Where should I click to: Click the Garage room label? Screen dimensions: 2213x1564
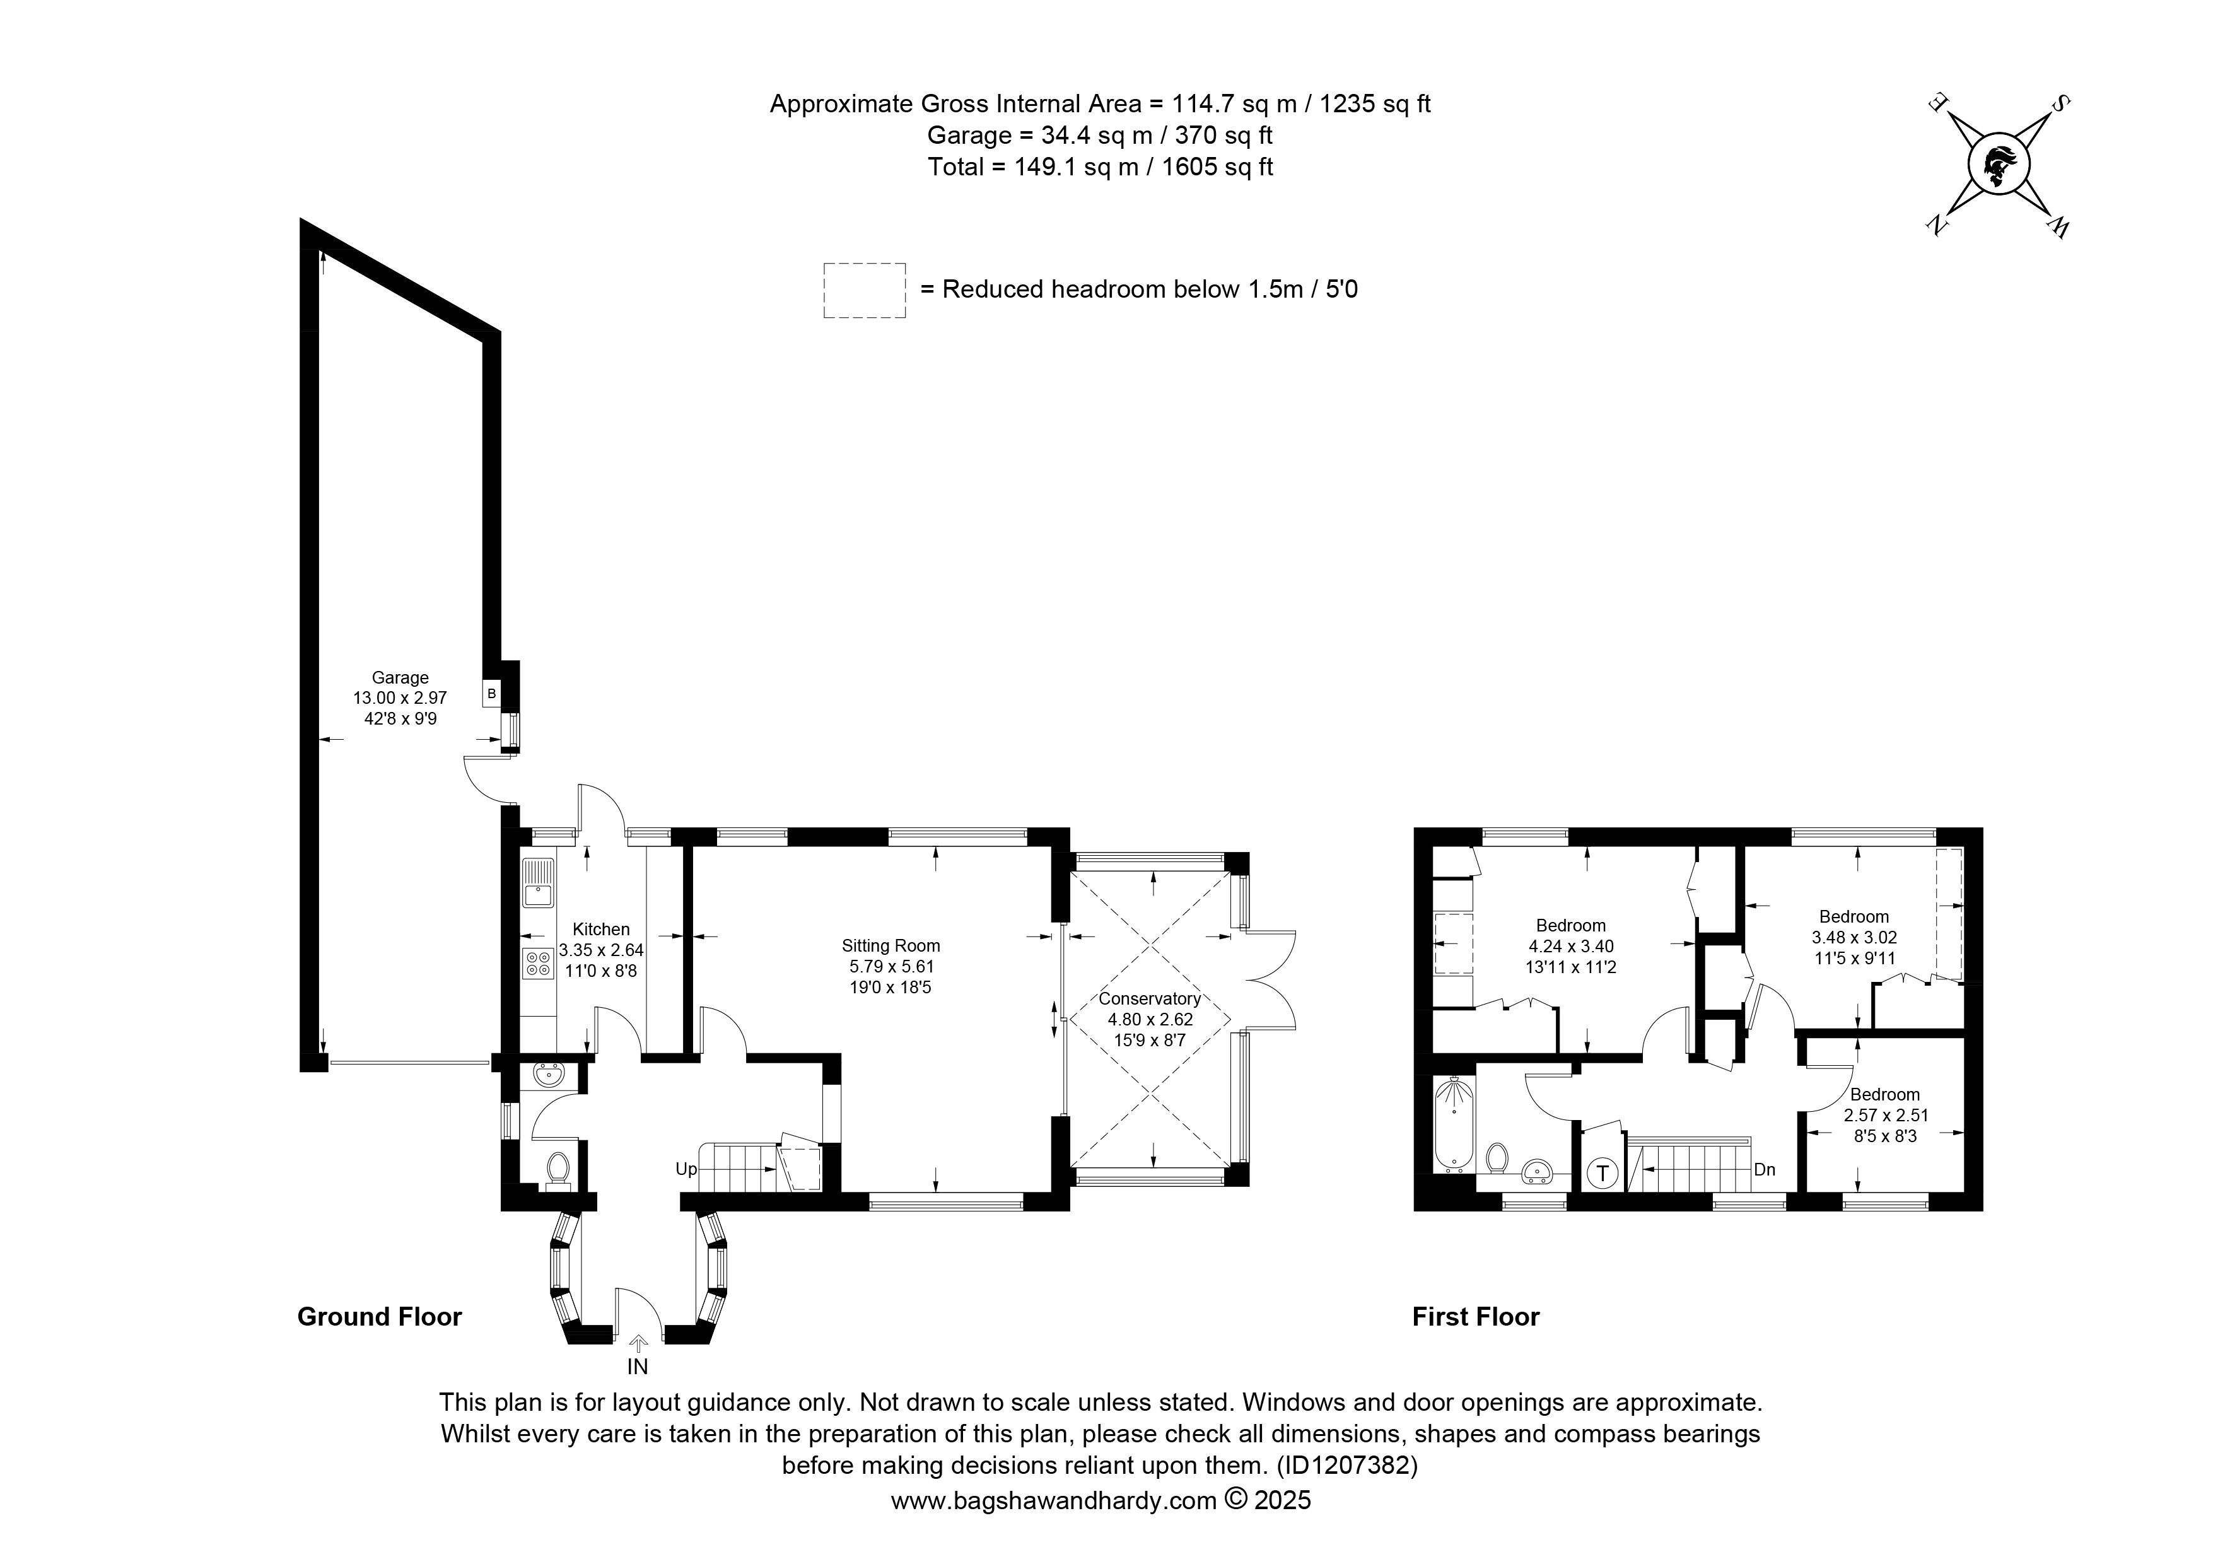400,677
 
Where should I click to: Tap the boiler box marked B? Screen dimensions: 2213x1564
491,693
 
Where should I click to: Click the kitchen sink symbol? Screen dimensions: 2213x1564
538,883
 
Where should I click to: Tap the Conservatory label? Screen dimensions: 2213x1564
1150,998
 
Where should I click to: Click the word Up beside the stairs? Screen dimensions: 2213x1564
686,1169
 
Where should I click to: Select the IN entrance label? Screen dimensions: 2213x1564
638,1367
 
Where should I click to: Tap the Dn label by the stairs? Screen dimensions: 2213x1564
1764,1169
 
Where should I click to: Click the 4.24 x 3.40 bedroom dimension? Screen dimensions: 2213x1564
1571,947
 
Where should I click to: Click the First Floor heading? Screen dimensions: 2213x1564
1476,1316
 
